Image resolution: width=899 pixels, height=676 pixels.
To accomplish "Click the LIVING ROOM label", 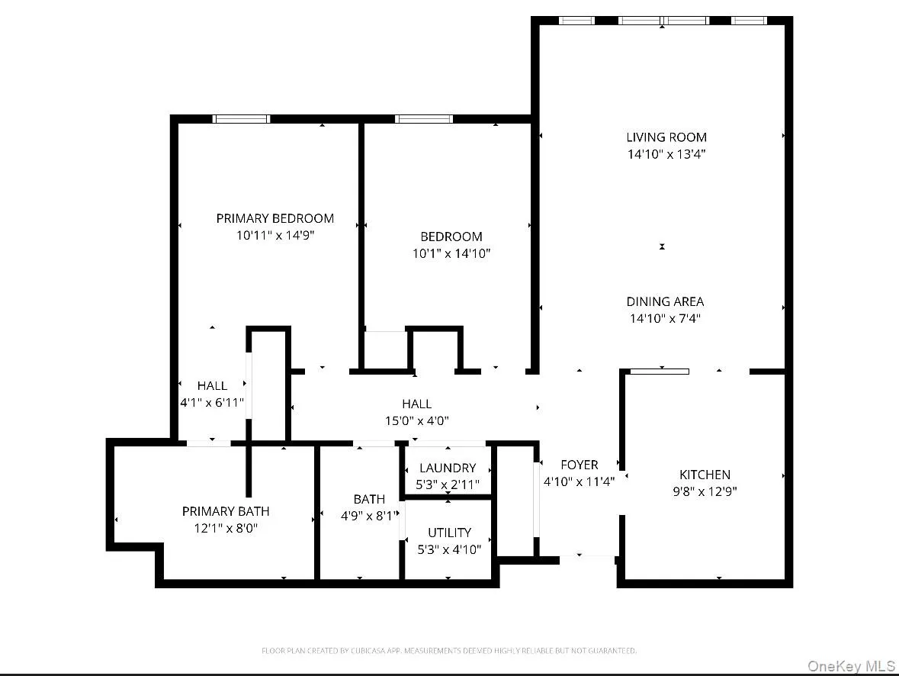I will click(666, 137).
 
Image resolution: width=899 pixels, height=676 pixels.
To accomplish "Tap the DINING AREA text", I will click(665, 301).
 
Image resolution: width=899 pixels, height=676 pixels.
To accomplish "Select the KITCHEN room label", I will click(705, 475).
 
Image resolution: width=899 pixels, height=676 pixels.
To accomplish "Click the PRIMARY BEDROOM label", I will click(275, 218).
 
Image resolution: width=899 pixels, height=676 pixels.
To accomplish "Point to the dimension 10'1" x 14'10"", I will click(451, 253).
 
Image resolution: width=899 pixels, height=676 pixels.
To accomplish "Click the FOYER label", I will click(579, 465).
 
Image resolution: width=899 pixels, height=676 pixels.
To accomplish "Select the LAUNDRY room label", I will click(448, 468).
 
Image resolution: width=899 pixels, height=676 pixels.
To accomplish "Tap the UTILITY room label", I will click(449, 533).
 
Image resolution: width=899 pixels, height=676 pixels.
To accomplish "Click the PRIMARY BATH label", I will click(225, 511).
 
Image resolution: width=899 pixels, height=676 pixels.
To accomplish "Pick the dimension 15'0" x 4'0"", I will click(416, 420).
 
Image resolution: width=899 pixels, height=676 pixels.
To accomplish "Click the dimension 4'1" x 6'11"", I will click(211, 402).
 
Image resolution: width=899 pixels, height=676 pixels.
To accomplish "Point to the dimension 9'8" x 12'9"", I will click(705, 491).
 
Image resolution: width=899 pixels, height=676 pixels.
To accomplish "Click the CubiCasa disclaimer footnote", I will click(449, 651).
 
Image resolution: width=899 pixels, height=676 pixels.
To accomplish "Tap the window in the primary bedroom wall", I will click(241, 118).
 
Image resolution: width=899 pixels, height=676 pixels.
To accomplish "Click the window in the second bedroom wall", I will click(424, 118).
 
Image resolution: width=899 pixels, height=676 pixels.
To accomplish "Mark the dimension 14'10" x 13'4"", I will click(666, 154).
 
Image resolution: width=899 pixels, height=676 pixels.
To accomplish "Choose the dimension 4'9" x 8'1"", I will click(369, 516).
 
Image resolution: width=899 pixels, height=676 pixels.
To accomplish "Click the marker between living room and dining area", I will click(662, 246).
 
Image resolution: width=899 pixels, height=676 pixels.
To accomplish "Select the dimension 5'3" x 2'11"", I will click(448, 484).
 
